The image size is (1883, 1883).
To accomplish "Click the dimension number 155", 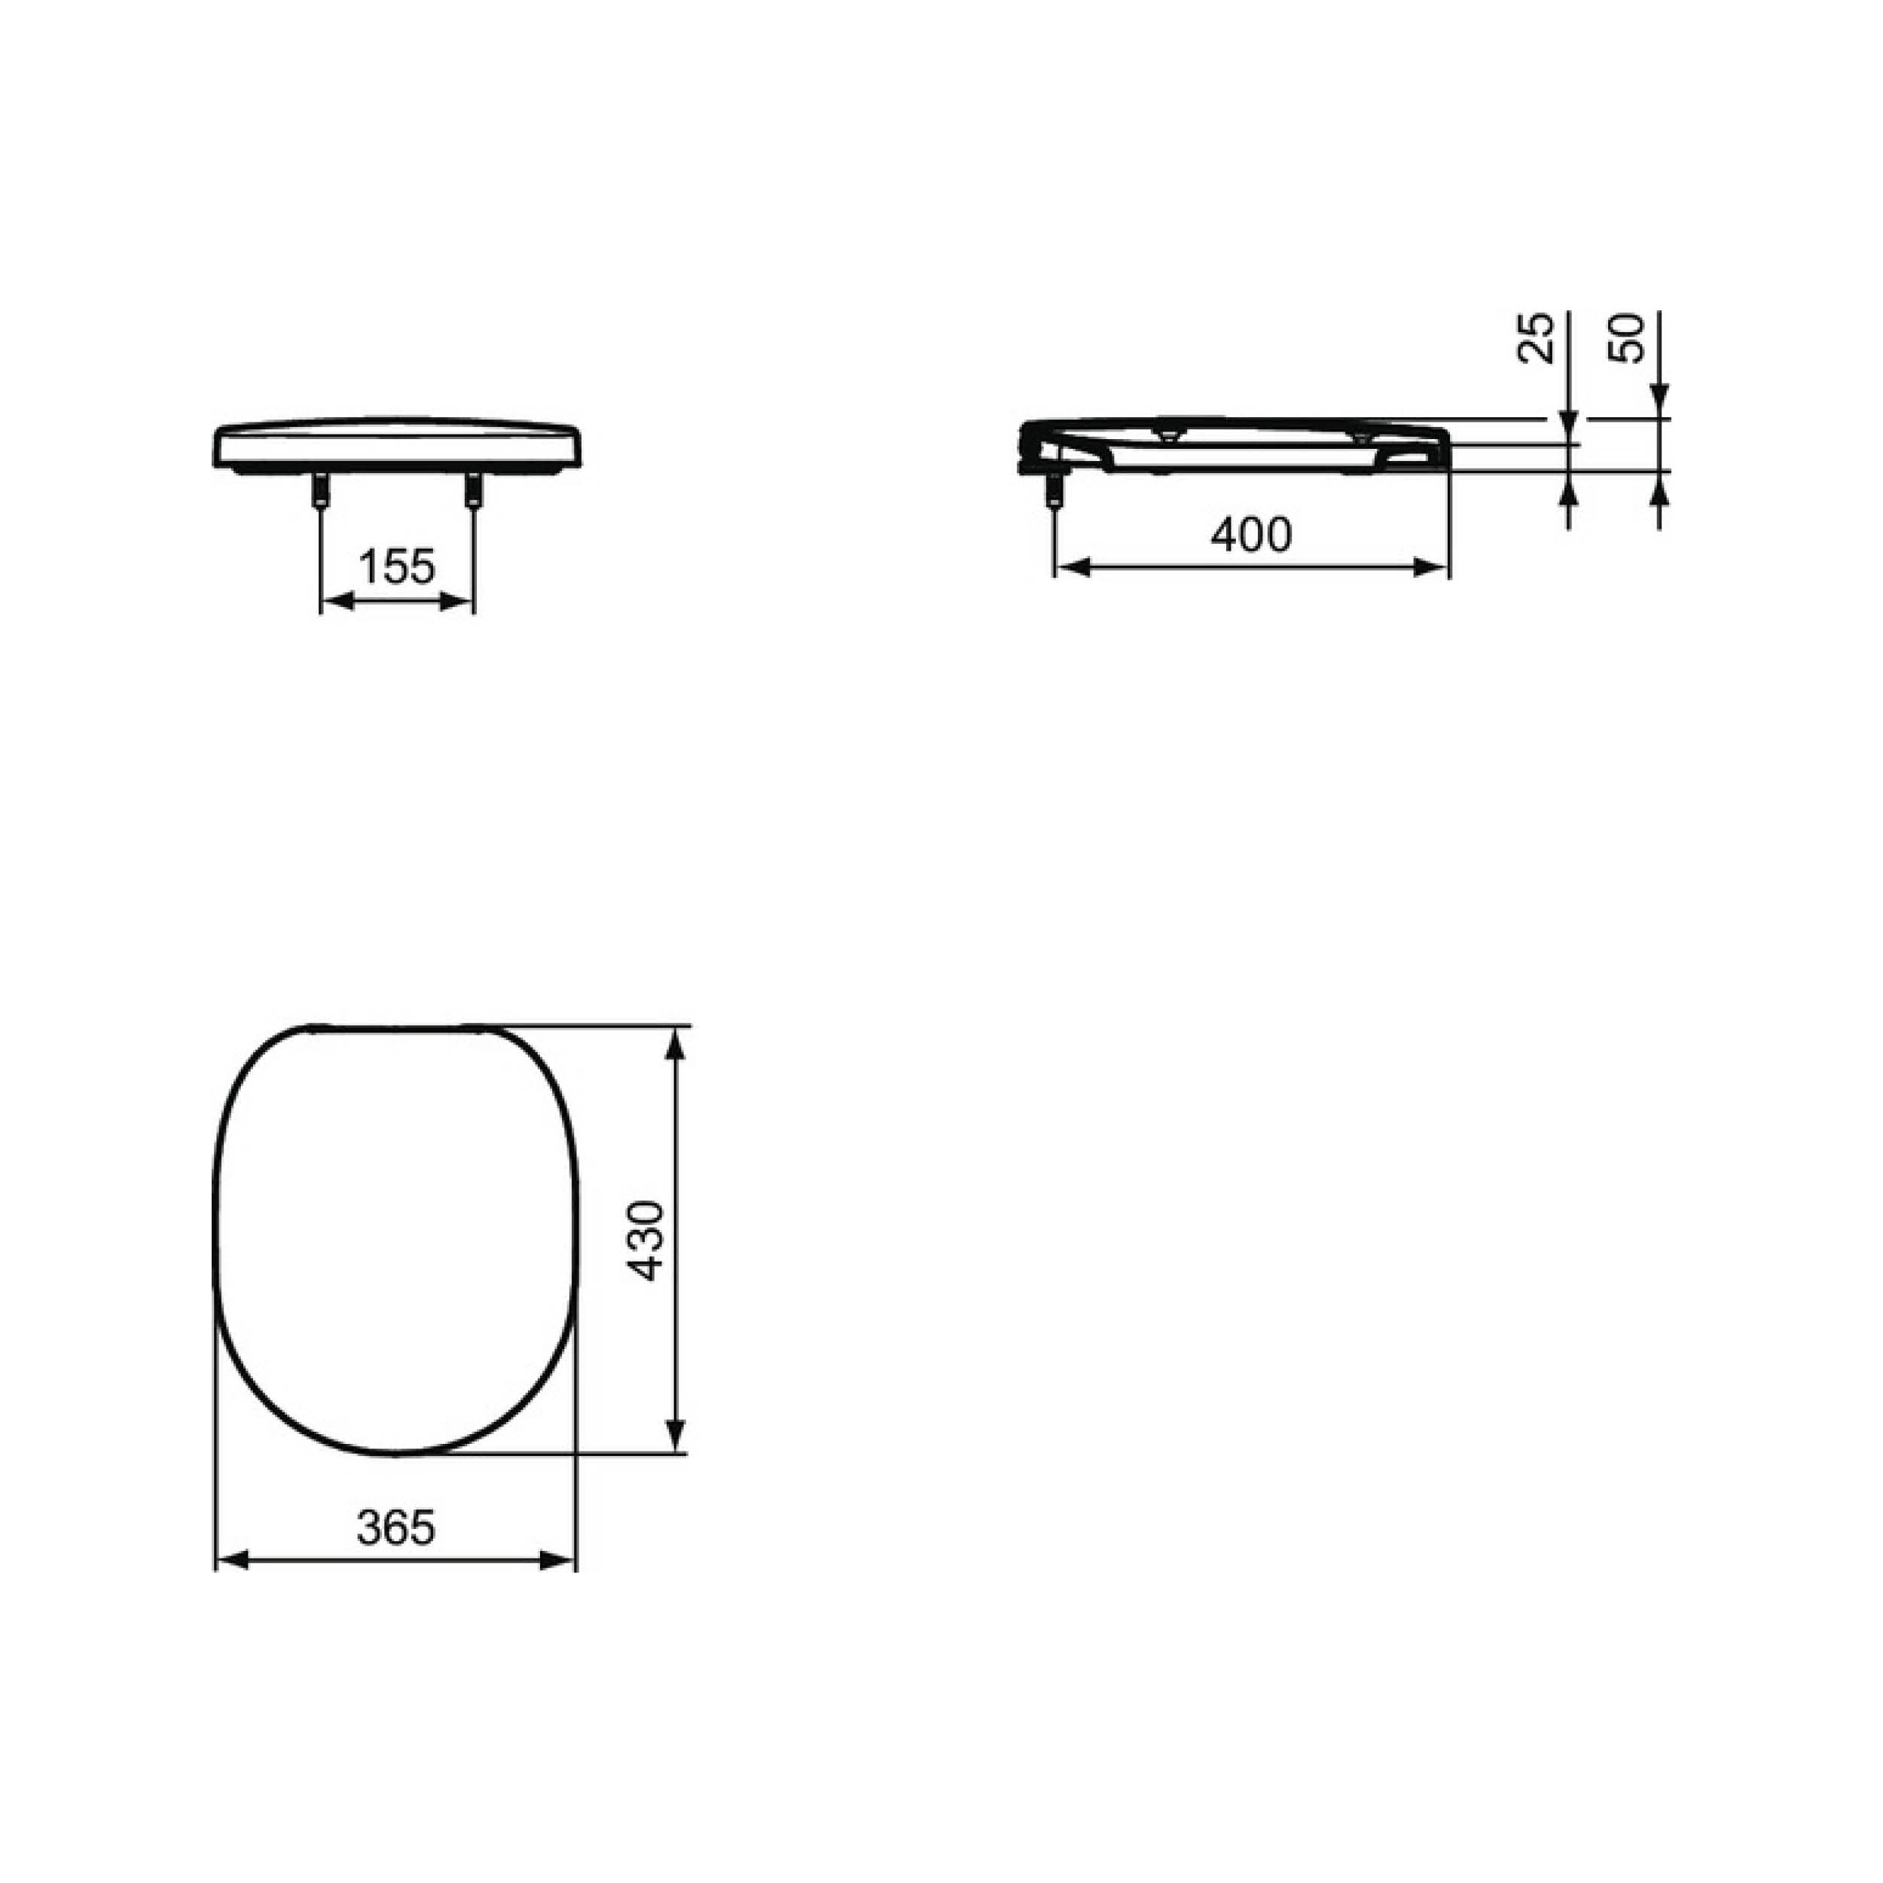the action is coord(397,566).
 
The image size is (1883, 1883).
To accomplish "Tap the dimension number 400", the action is coord(1251,534).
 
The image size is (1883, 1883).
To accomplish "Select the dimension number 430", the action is coord(646,1240).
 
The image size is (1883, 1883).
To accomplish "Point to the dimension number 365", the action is coord(395,1527).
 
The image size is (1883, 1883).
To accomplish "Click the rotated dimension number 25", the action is coord(1536,338).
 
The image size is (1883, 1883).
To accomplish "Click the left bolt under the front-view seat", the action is coord(319,490).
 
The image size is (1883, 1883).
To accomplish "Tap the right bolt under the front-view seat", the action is coord(474,490).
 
